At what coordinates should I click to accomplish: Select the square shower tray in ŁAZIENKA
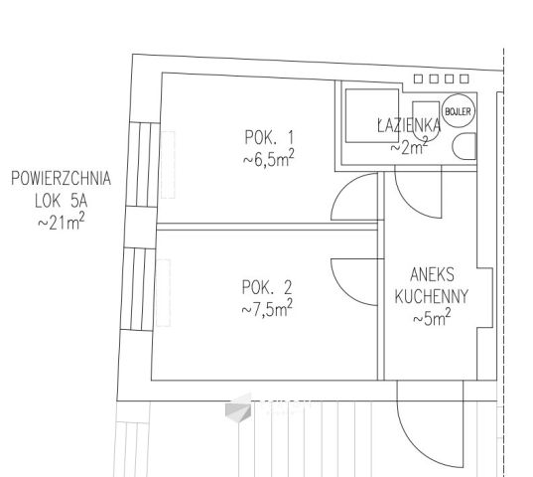[372, 115]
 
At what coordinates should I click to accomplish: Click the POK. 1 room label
[269, 137]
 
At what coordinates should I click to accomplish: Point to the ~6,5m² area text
[268, 159]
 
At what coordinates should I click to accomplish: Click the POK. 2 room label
[267, 287]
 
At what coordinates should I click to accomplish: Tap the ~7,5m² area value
[267, 308]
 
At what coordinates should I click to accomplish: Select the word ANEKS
[432, 274]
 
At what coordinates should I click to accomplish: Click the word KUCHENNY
[432, 296]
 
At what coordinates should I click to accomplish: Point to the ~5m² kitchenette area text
[432, 318]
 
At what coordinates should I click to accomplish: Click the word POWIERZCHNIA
[62, 178]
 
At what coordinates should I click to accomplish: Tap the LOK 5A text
[62, 201]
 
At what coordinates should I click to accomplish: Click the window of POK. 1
[143, 164]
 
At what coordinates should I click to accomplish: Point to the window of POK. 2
[138, 289]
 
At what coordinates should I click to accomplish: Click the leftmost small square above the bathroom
[418, 79]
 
